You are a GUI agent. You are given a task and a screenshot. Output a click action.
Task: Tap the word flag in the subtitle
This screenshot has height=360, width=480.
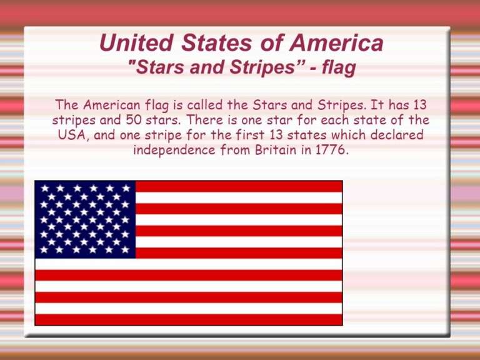(339, 68)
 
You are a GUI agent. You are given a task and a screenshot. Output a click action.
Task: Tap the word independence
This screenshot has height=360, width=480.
(174, 151)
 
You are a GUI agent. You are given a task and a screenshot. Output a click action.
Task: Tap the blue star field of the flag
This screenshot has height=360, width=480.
(85, 219)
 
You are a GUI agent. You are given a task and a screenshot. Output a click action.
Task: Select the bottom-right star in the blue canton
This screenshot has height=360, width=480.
(126, 250)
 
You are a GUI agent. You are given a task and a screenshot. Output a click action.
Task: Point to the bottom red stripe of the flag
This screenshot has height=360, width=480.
(188, 320)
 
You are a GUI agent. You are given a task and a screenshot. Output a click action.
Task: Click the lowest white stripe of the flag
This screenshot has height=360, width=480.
(188, 309)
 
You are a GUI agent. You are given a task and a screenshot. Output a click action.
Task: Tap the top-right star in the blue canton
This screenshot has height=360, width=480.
(126, 187)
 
